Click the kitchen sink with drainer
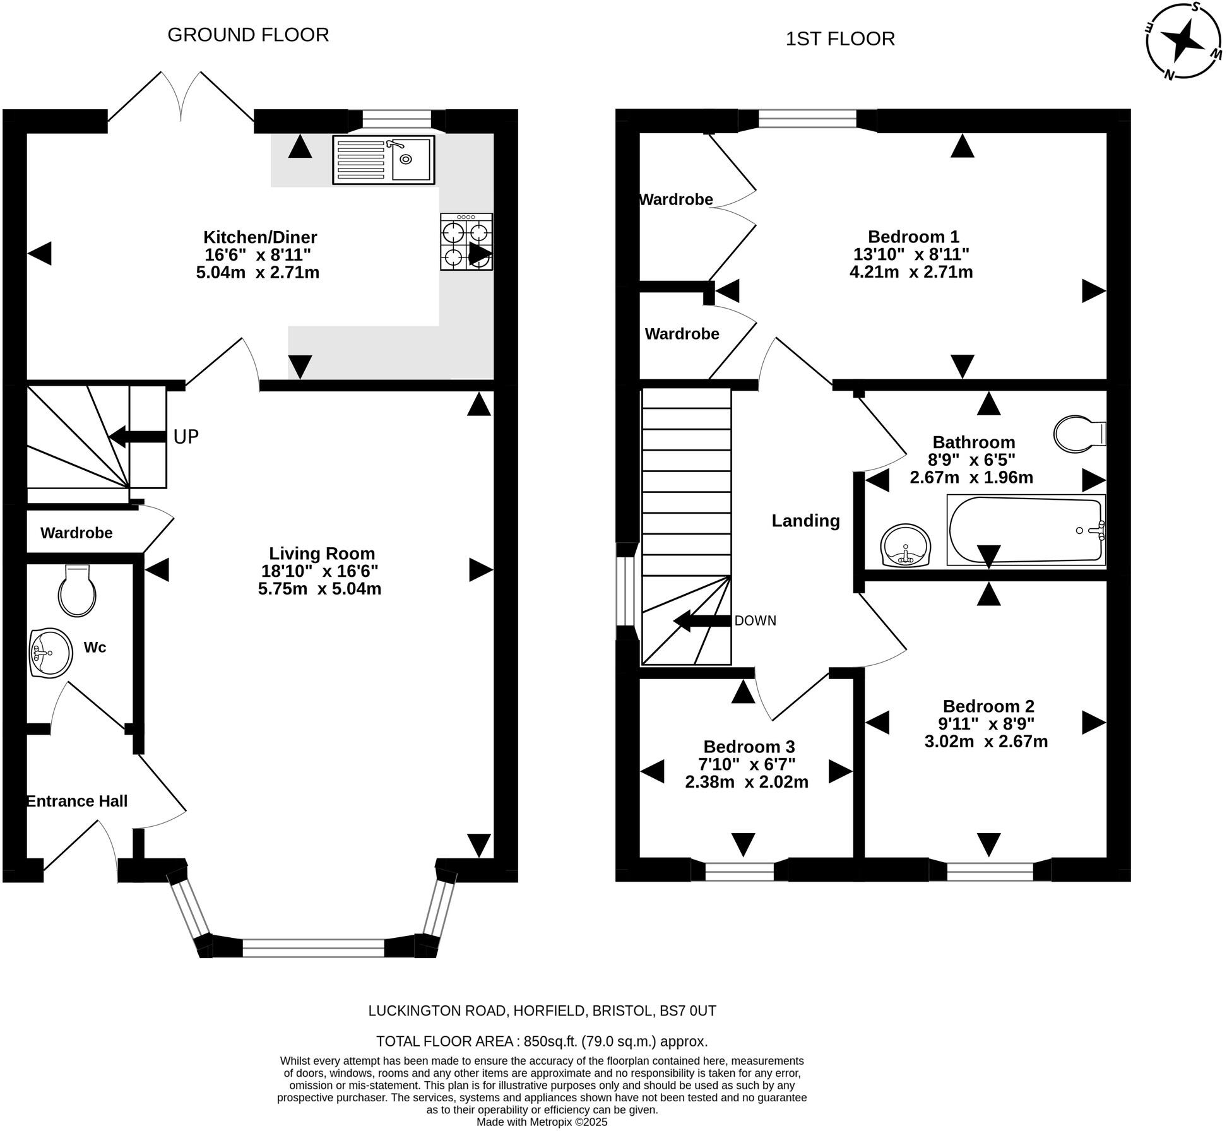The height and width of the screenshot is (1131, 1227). click(x=383, y=160)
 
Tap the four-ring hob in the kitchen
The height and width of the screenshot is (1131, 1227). click(x=466, y=242)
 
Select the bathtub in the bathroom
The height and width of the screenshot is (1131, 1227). click(x=1026, y=530)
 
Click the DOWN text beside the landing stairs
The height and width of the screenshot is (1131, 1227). click(x=755, y=621)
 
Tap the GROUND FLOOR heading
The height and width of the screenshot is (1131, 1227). click(x=248, y=35)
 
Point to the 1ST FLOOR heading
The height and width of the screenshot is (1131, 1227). click(x=840, y=39)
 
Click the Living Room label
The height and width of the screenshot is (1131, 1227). click(x=322, y=554)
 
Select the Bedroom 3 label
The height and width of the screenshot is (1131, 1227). click(x=749, y=747)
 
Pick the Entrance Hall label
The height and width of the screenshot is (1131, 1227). click(x=77, y=801)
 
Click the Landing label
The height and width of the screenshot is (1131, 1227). click(x=806, y=521)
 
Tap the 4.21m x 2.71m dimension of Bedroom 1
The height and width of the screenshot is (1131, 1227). click(x=911, y=272)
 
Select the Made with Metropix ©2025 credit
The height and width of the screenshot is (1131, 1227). click(x=542, y=1122)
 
